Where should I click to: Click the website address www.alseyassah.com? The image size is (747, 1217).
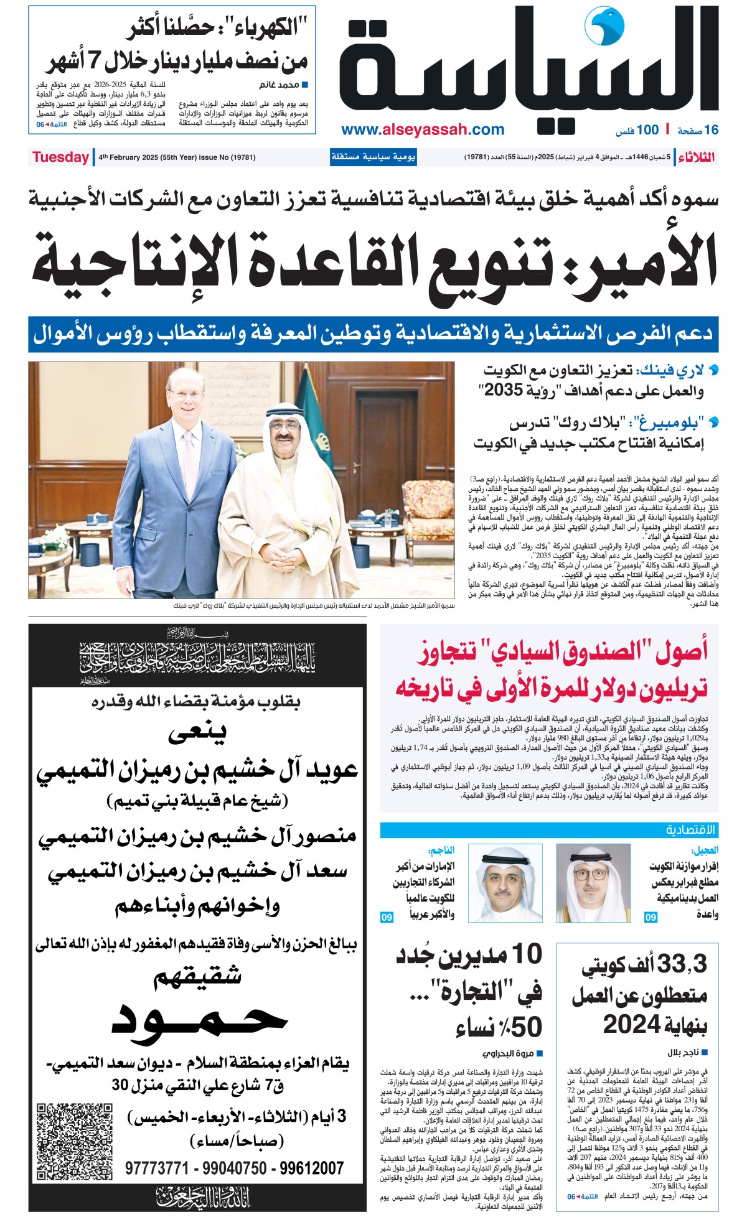(423, 129)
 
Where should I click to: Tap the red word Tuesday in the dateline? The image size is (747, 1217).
(60, 157)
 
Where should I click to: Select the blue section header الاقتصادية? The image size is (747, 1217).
(691, 829)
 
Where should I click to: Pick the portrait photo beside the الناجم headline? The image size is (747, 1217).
(496, 883)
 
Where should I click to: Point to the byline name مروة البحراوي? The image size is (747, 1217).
(508, 1053)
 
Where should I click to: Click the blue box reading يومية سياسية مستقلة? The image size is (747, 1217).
(373, 157)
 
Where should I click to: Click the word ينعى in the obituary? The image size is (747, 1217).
(197, 734)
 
